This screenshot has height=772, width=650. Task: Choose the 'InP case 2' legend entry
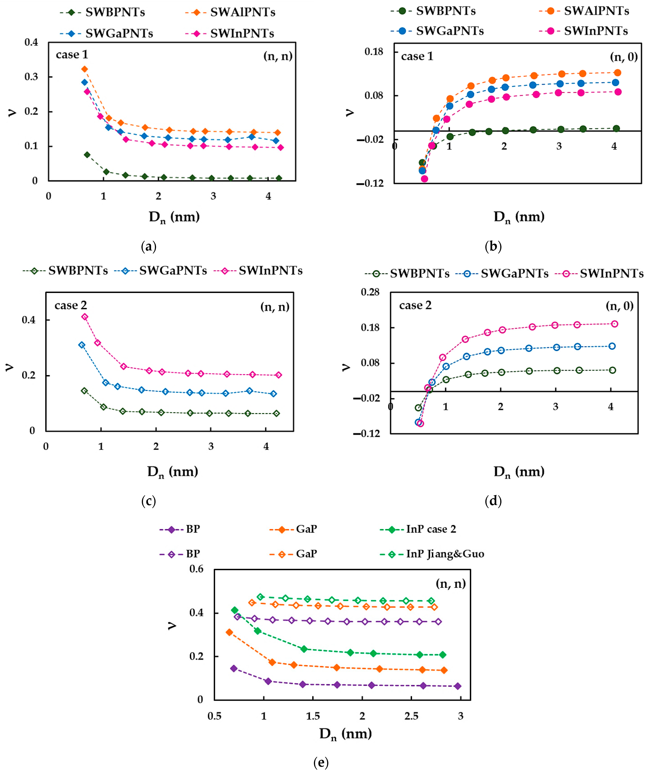[x=418, y=529]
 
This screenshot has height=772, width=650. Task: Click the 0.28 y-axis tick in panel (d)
[x=370, y=292]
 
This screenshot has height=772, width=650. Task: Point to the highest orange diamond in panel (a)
[x=84, y=69]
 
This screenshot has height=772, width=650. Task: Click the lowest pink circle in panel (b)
[x=424, y=179]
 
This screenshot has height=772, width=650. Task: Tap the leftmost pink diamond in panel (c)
[x=85, y=316]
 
